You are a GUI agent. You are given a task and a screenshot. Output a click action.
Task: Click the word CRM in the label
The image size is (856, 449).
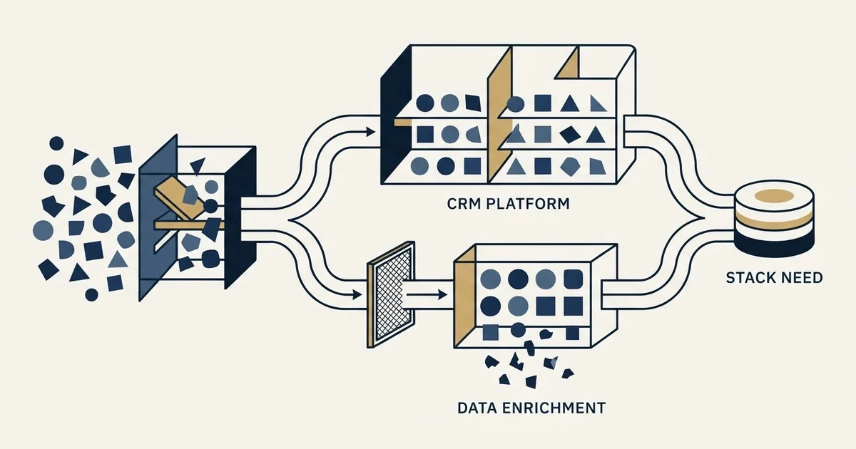[463, 204]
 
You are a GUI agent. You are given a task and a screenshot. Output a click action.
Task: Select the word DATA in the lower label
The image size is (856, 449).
[477, 408]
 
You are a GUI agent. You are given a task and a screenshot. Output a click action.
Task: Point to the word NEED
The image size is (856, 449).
[799, 277]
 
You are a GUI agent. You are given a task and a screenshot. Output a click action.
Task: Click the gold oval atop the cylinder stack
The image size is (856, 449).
[775, 195]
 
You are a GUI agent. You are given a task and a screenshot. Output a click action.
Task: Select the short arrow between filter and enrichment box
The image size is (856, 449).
[427, 295]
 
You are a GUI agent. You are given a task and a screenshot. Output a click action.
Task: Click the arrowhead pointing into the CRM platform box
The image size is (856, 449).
[370, 132]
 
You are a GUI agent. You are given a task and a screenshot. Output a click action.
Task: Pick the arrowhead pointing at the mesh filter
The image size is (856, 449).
[357, 295]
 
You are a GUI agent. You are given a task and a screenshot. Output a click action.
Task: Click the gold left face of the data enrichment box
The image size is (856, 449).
[465, 296]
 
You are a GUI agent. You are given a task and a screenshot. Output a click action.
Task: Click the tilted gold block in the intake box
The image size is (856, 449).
[179, 198]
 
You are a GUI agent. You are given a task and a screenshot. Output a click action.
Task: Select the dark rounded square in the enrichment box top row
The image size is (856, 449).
[574, 279]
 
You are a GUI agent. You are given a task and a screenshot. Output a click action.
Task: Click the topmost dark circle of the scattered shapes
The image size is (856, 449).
[56, 143]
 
